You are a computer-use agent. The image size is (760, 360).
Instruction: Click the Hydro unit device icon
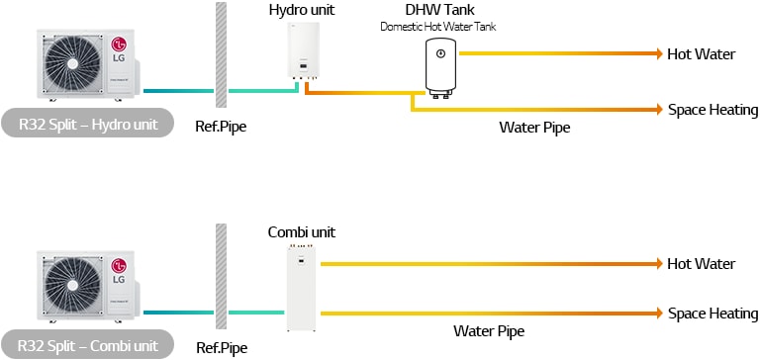click(302, 50)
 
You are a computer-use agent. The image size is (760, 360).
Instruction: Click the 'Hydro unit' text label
click(301, 9)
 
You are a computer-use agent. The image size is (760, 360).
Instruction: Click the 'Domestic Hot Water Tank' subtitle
click(439, 26)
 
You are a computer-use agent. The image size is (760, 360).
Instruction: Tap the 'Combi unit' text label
click(302, 232)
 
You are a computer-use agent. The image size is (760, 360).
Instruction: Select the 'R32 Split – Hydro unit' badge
click(88, 124)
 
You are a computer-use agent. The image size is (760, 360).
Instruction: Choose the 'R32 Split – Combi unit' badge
click(88, 345)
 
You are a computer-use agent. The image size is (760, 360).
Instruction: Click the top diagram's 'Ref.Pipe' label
click(221, 128)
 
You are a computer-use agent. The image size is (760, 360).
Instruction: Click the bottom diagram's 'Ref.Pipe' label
click(221, 348)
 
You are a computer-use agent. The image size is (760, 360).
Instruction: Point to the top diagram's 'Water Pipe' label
click(534, 127)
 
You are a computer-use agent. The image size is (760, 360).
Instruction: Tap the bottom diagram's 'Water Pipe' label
click(489, 331)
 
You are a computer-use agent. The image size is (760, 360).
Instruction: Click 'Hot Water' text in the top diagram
click(702, 53)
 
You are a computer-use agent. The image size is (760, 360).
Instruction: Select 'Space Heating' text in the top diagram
click(712, 110)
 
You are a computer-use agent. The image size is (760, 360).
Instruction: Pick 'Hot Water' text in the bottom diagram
click(702, 264)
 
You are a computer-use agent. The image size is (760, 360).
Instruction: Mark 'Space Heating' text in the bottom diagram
click(712, 314)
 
